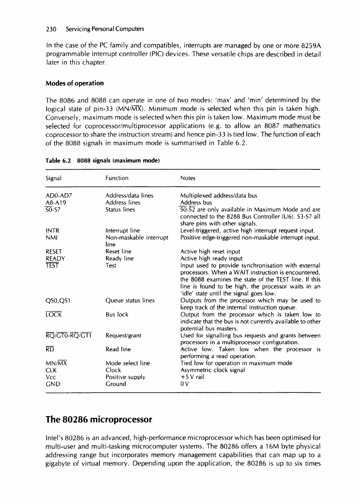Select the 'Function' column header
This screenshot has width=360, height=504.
pos(117,178)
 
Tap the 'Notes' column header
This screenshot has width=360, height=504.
pos(188,178)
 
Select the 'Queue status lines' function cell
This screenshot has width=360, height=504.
pos(130,300)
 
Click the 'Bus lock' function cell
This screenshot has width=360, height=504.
pos(117,314)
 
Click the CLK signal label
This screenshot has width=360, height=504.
pos(51,370)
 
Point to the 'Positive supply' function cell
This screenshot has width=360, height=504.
pos(125,377)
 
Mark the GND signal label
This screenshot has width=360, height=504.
pos(52,384)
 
